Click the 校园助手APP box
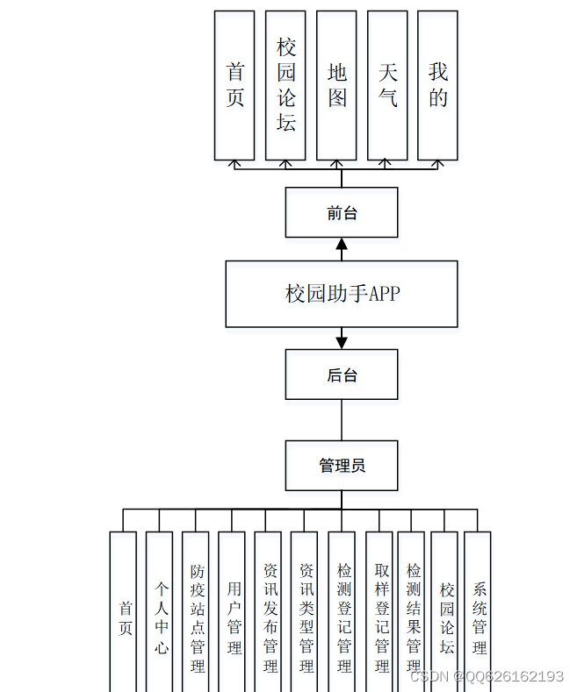point(342,294)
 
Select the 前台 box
point(342,212)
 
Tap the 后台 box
point(342,375)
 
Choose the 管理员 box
point(342,465)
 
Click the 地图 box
point(337,85)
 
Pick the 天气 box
point(387,85)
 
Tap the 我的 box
point(437,85)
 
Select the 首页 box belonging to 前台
point(234,85)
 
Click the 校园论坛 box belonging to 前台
point(285,85)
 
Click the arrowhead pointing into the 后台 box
point(342,340)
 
